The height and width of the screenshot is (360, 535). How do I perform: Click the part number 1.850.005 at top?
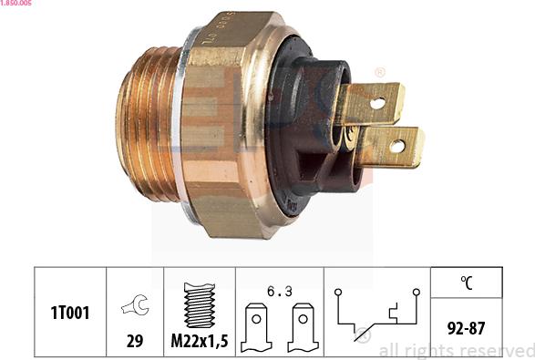click(16, 5)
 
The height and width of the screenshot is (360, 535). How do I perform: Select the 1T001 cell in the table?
click(70, 313)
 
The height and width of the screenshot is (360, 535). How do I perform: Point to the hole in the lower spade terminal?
click(396, 146)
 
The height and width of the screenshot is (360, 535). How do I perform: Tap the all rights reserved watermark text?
click(456, 350)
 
